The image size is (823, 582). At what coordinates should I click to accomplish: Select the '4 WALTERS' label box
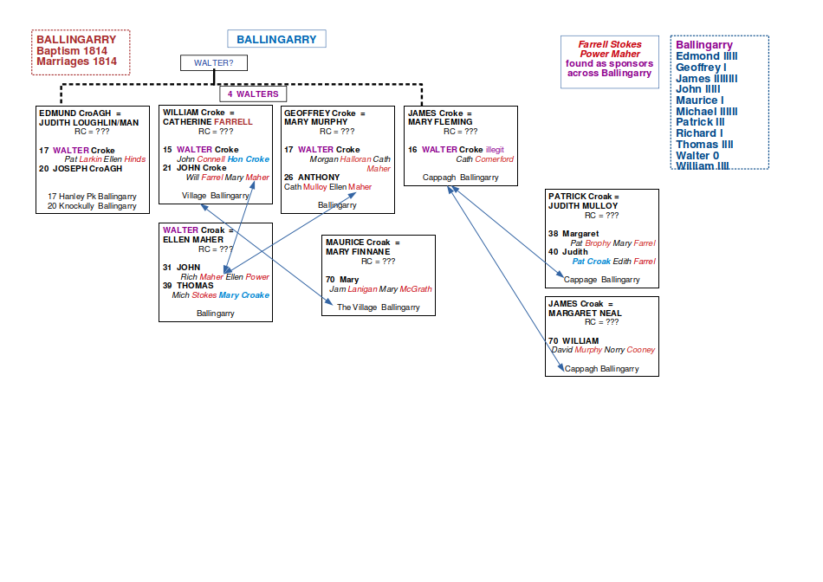[253, 94]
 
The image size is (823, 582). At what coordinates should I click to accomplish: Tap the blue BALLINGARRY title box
[276, 39]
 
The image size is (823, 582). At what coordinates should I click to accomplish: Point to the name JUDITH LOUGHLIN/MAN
[88, 123]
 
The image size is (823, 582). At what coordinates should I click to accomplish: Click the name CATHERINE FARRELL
[208, 122]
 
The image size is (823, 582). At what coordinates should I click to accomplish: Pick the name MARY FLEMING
[440, 122]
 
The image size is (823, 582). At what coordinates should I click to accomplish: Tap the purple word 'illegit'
[495, 150]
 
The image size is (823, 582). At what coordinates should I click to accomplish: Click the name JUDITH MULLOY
[583, 206]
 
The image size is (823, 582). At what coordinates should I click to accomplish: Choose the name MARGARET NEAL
[585, 314]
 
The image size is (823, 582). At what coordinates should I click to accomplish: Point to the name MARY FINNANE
[357, 252]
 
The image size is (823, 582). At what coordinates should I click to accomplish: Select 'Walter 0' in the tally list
[697, 156]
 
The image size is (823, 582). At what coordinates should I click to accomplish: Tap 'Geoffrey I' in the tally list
[701, 68]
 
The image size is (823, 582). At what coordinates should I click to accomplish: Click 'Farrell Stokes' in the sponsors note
[610, 44]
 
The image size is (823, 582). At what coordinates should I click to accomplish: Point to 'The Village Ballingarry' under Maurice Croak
[378, 307]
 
